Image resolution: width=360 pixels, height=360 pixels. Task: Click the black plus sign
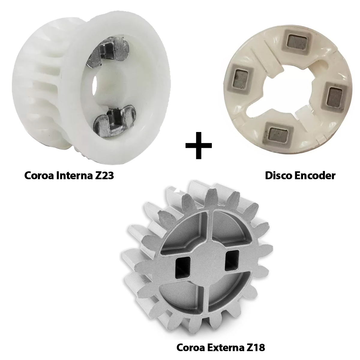198,145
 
